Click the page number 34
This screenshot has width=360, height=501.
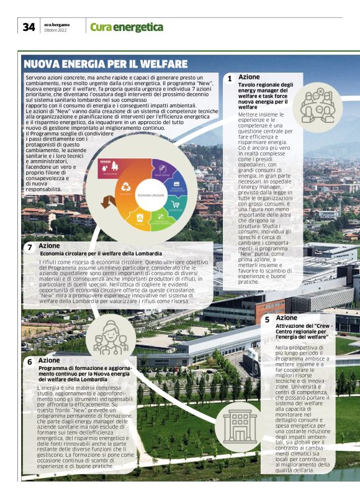click(28, 27)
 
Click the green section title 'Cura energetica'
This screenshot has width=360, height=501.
click(127, 27)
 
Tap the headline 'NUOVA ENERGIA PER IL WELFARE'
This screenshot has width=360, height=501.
click(106, 63)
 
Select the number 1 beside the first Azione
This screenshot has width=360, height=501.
click(230, 79)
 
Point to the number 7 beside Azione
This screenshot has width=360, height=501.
click(30, 247)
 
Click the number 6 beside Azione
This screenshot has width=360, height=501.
click(29, 361)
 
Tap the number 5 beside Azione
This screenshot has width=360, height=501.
click(267, 320)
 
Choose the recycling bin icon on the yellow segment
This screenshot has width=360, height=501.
click(140, 217)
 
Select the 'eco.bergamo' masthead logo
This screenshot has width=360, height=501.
click(57, 24)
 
